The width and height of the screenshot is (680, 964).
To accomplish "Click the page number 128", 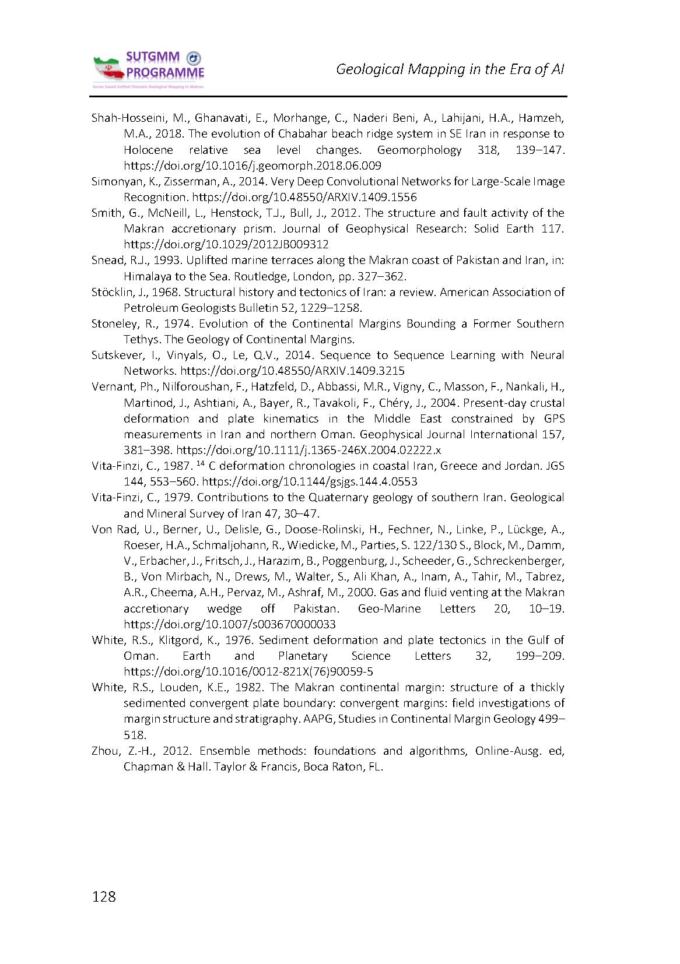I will (104, 896).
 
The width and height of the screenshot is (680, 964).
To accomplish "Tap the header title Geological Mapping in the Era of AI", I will (450, 69).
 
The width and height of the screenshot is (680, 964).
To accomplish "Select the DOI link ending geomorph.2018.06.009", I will (252, 166).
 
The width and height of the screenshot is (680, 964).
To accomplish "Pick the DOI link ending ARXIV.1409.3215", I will (292, 371).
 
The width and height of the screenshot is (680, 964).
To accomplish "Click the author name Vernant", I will (110, 386).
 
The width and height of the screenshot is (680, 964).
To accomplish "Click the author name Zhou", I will (104, 751).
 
